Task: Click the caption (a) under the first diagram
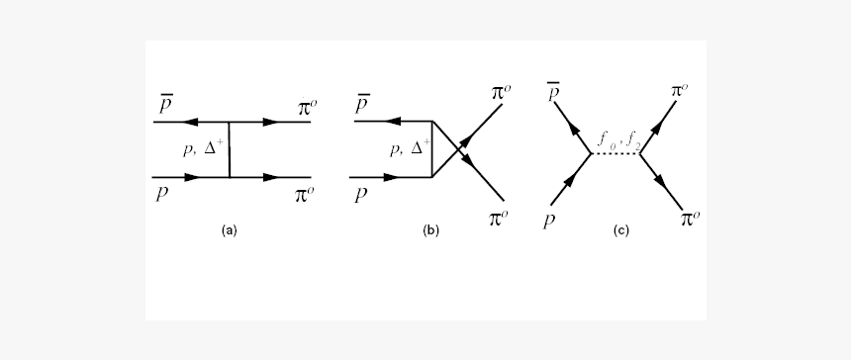pos(230,230)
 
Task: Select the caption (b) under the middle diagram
pos(430,230)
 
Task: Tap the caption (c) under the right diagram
pos(621,230)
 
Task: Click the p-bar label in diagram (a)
pos(162,104)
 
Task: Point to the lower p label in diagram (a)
pos(161,193)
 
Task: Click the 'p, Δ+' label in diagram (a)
pos(204,148)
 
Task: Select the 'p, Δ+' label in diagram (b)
pos(406,148)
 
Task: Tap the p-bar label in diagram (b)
pos(363,104)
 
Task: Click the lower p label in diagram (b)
pos(361,193)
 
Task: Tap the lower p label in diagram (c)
pos(549,219)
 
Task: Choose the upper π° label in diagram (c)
pos(680,91)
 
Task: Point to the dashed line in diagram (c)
pos(615,153)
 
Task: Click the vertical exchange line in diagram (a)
pos(229,150)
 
